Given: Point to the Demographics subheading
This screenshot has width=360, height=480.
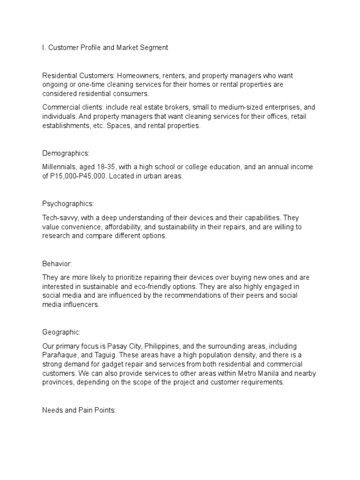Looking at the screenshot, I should tap(66, 153).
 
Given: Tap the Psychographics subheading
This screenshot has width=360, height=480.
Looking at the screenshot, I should tap(68, 204).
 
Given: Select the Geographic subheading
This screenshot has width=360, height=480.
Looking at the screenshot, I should tap(61, 332).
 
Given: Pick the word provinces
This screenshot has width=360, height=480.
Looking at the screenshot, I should tap(60, 382).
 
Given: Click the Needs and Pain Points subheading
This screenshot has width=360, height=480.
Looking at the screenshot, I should tap(79, 410).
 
